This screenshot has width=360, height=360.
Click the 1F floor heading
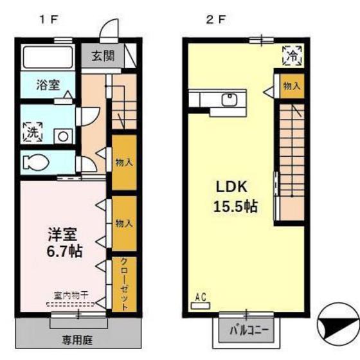coord(48,19)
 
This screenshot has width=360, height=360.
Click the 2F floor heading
coord(215,19)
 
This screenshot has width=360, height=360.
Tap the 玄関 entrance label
coord(102,56)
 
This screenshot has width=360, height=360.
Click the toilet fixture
coord(35,163)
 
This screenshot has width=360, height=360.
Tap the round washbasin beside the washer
coord(62,136)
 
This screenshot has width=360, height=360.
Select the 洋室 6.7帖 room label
coord(64,242)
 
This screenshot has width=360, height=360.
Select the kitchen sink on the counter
coord(228,100)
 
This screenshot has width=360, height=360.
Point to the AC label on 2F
coord(200,297)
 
